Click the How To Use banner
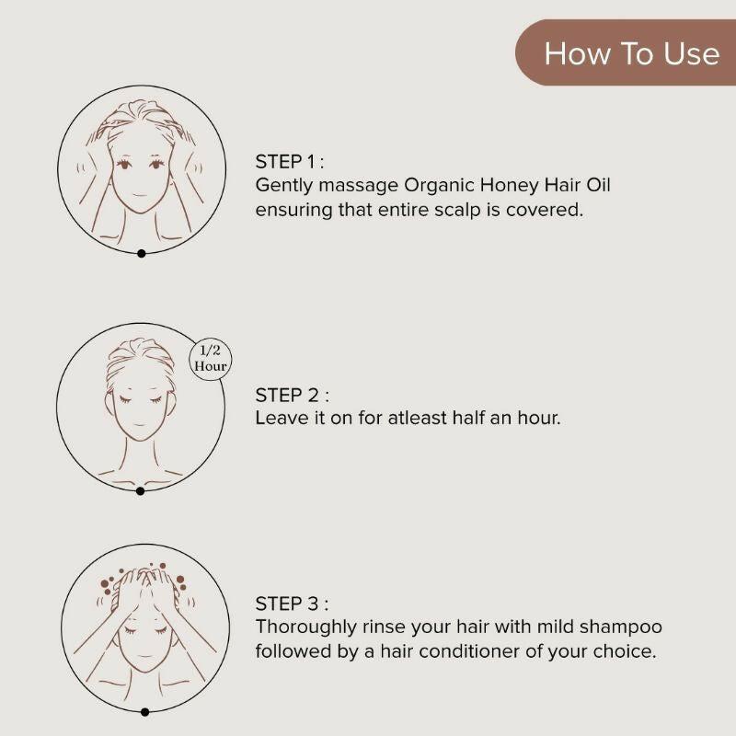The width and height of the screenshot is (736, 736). tap(631, 52)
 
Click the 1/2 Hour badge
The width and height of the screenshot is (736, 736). tap(210, 358)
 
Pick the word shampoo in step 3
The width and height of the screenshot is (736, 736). tap(623, 627)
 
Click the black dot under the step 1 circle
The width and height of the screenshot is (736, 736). tap(141, 253)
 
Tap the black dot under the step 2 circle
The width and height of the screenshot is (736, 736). tap(140, 491)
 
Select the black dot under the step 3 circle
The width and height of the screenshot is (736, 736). tap(144, 711)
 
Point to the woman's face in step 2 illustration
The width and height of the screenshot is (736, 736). tap(139, 409)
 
